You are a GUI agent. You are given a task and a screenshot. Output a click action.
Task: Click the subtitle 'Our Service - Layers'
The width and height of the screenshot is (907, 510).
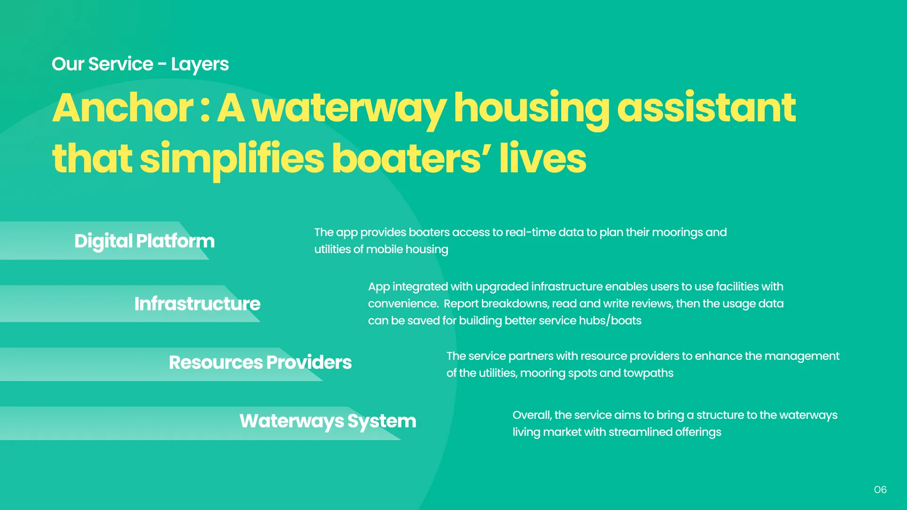[140, 64]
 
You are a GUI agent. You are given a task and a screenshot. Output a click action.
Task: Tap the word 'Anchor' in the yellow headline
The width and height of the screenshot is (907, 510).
[123, 108]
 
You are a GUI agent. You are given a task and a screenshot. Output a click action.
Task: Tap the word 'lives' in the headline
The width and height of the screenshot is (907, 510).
[543, 158]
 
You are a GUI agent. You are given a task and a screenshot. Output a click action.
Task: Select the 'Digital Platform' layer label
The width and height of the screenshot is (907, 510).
[145, 241]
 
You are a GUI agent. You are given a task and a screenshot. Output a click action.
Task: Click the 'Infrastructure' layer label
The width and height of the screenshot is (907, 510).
[197, 304]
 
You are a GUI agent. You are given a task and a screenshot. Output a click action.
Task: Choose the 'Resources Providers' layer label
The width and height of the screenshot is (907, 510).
[260, 362]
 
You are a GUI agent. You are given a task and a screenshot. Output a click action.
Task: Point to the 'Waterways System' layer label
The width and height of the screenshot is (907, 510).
[328, 421]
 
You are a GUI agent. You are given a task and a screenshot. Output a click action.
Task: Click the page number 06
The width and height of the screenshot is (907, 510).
[880, 490]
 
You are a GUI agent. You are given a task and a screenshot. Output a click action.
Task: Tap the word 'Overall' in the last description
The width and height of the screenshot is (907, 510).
[532, 415]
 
